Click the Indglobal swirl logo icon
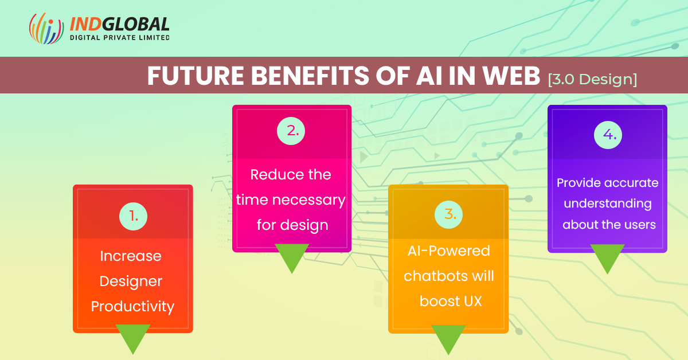click(46, 28)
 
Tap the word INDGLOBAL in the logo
click(119, 24)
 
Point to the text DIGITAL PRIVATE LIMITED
click(120, 38)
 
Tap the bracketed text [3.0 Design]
click(592, 80)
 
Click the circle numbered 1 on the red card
click(133, 216)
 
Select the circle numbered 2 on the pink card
click(291, 131)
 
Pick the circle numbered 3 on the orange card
click(448, 214)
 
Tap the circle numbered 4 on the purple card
click(608, 135)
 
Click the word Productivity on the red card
click(132, 307)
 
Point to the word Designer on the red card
click(131, 281)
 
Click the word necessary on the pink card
click(309, 200)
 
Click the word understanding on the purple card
click(608, 204)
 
